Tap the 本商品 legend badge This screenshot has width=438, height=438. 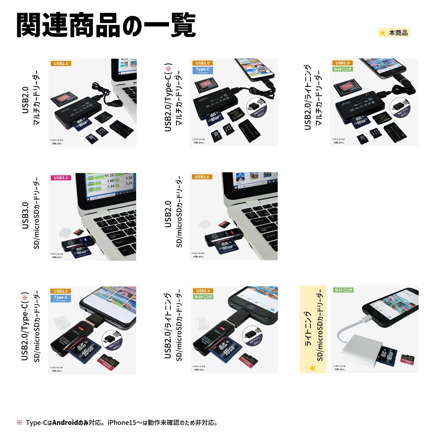coord(394,33)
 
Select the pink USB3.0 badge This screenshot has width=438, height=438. coord(61,178)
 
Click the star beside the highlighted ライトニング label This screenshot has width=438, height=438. coord(312,368)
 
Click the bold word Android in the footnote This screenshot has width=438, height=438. coord(65,423)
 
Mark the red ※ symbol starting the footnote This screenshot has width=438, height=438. coord(20,423)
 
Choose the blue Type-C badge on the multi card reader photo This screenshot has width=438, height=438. coord(203,70)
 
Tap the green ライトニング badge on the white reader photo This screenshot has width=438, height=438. coord(343,290)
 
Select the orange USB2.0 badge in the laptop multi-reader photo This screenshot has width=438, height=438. coord(61,64)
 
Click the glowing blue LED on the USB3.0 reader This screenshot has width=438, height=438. coord(85,240)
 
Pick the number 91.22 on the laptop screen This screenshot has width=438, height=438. coord(109,176)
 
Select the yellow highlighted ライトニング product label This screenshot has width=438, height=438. coord(313,329)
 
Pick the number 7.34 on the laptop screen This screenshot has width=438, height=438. coord(110,187)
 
